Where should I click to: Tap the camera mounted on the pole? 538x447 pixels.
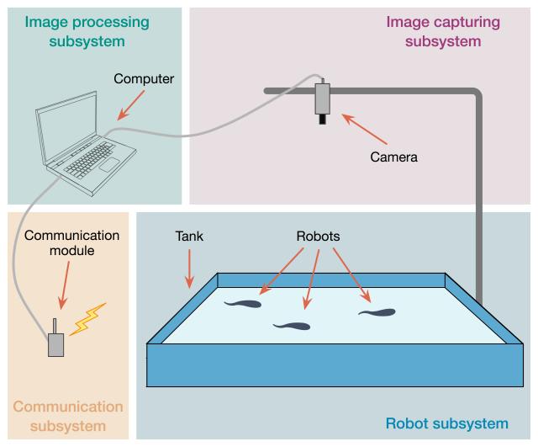tap(324, 99)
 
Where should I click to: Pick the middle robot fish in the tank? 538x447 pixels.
tap(293, 325)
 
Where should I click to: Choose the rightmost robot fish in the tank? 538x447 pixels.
tap(377, 312)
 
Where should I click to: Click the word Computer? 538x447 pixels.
tap(144, 79)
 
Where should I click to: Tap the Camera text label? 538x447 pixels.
tap(393, 157)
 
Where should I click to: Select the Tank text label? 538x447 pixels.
tap(189, 237)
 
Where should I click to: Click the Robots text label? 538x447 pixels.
tap(318, 237)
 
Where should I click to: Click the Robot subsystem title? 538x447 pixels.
tap(446, 423)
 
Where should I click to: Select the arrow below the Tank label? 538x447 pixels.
tap(189, 269)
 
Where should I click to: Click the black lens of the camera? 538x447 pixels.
tap(323, 120)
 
